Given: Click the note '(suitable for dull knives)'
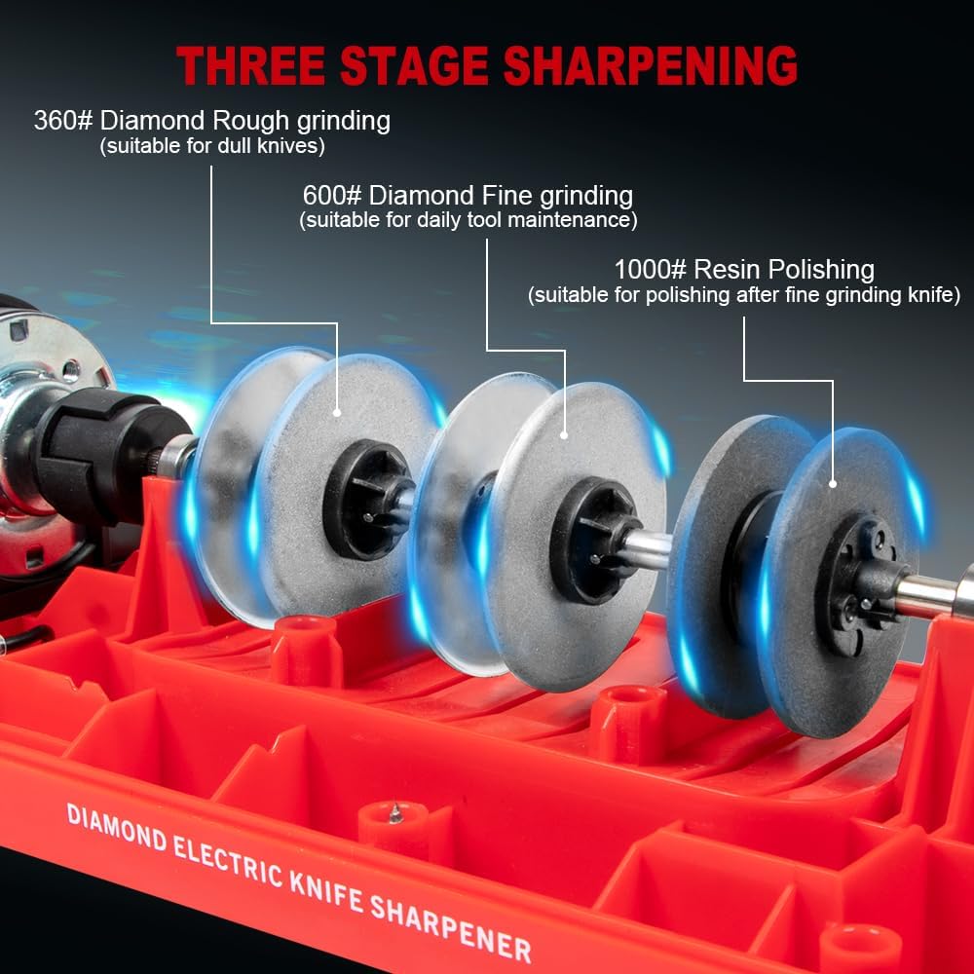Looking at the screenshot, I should click(212, 146).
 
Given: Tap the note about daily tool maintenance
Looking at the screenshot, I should click(468, 220).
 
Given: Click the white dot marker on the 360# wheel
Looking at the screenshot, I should click(338, 414).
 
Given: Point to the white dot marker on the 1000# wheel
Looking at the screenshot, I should click(834, 482).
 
